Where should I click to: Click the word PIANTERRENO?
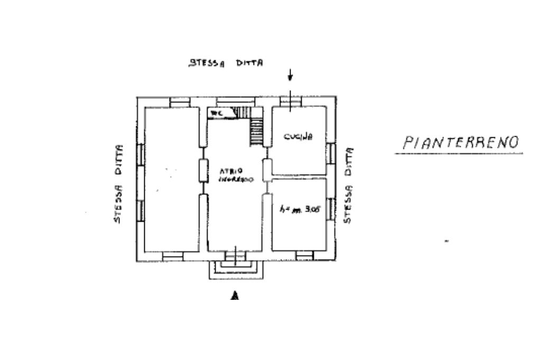[460, 142]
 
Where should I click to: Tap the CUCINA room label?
[299, 137]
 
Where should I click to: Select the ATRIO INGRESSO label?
[236, 175]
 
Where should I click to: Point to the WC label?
[216, 113]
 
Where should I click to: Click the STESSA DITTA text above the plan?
[226, 63]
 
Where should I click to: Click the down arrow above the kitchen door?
[290, 75]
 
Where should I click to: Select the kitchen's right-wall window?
[331, 153]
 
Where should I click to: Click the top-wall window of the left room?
[180, 102]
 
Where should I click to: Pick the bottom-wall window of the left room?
[172, 256]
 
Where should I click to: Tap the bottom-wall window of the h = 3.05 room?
[304, 256]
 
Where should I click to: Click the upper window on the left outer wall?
[141, 153]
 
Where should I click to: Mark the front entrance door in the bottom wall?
[235, 257]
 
